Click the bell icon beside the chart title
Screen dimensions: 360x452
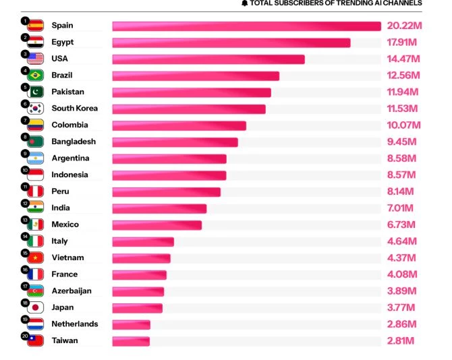click(x=244, y=3)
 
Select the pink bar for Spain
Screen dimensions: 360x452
click(x=246, y=26)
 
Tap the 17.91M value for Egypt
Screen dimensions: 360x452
click(x=404, y=42)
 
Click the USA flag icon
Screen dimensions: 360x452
click(x=36, y=59)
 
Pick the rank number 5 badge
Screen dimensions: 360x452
click(x=25, y=87)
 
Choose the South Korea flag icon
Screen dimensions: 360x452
click(x=36, y=109)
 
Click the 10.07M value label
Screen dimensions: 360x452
click(x=404, y=125)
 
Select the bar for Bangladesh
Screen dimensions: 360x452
click(x=175, y=142)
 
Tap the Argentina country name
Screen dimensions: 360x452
click(x=71, y=158)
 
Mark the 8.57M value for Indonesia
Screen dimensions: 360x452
click(x=402, y=175)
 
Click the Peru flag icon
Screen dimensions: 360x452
click(x=36, y=191)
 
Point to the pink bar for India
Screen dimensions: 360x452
click(x=159, y=208)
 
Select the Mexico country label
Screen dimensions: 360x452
click(x=65, y=224)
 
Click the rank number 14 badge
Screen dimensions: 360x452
click(x=25, y=236)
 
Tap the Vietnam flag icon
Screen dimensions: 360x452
click(x=36, y=258)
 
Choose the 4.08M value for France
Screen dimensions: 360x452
click(x=402, y=274)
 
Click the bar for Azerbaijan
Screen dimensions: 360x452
click(x=138, y=291)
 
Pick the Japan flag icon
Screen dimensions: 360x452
click(x=36, y=307)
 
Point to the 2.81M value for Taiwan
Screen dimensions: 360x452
click(x=401, y=340)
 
